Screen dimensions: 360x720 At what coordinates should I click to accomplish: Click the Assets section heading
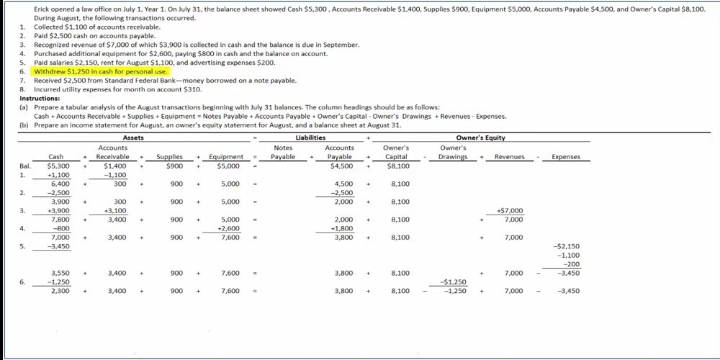click(133, 138)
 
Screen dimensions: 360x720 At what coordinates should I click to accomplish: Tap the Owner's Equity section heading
click(481, 138)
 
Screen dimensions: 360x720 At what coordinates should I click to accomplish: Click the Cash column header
click(55, 157)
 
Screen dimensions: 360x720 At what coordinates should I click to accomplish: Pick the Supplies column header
click(169, 157)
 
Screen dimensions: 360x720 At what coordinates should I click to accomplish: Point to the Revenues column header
click(509, 157)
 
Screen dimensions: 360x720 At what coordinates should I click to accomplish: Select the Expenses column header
click(565, 157)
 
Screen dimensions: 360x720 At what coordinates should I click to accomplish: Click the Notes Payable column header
click(283, 152)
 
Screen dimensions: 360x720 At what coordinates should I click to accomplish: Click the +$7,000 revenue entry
click(510, 211)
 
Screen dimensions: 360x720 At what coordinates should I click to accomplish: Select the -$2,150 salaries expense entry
click(568, 246)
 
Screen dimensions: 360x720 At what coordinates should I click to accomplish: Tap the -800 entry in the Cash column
click(58, 228)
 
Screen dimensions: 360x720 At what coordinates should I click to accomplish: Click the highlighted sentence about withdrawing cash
click(101, 72)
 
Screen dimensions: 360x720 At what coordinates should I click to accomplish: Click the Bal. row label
click(26, 166)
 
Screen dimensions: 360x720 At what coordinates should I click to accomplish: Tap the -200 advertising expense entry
click(571, 264)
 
